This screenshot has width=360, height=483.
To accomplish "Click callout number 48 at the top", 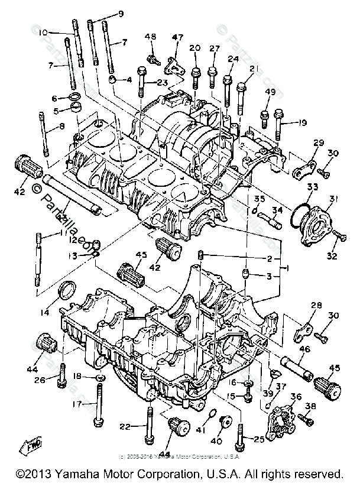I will pyautogui.click(x=151, y=37).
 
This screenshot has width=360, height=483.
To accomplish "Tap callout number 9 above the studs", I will pyautogui.click(x=121, y=14).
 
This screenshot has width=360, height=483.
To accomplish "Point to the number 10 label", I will pyautogui.click(x=43, y=33).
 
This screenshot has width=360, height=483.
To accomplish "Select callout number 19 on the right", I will pyautogui.click(x=301, y=124).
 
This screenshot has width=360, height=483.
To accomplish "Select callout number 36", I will pyautogui.click(x=296, y=397).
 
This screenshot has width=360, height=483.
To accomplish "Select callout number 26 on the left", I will pyautogui.click(x=40, y=380).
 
